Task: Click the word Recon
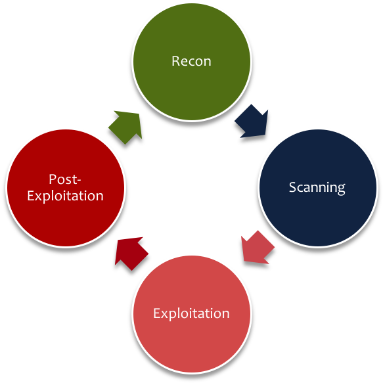point(191,61)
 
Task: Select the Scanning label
point(317,187)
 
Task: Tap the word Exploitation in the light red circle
point(191,313)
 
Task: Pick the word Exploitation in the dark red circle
point(65,196)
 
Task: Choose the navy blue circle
point(317,210)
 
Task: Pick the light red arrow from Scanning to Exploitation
point(256,248)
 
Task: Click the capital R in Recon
point(175,61)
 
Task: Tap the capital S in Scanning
point(292,187)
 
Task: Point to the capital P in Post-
point(52,179)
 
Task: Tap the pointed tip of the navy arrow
point(267,135)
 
